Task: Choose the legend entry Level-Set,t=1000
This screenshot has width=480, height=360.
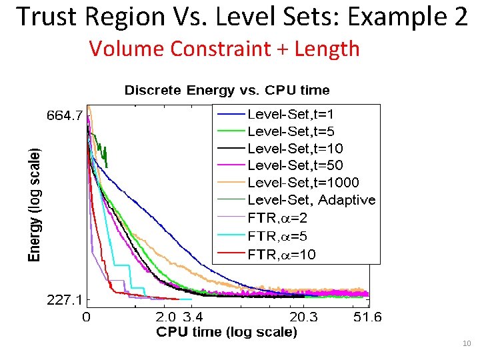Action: [x=293, y=182]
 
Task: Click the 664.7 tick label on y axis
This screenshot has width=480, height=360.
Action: [x=64, y=115]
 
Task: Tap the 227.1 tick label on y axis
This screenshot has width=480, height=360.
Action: [x=64, y=299]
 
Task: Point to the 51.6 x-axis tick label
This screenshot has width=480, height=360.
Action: [x=367, y=317]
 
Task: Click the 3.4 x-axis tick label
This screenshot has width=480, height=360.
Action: [x=196, y=317]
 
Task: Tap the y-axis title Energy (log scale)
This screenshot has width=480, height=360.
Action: [x=33, y=204]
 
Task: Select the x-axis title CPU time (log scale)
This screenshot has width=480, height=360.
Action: [x=227, y=331]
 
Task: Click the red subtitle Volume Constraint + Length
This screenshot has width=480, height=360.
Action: [x=224, y=49]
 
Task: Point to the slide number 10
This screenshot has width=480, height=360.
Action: [x=466, y=343]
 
